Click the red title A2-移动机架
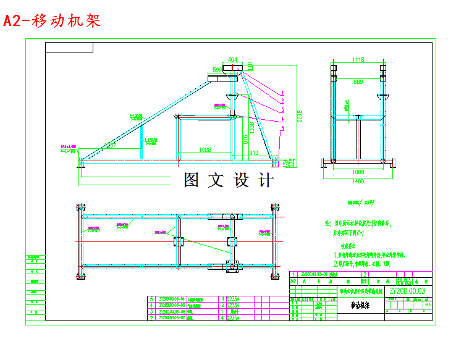click(52, 22)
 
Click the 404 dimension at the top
click(232, 59)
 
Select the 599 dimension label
click(217, 70)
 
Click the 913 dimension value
click(253, 152)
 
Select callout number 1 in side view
click(282, 93)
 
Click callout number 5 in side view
click(282, 128)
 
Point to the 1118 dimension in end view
click(358, 60)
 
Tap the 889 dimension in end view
click(358, 81)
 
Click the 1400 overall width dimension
click(358, 181)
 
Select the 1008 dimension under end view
click(358, 172)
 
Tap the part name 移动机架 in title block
click(361, 305)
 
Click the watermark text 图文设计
click(228, 180)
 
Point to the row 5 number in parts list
click(151, 299)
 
